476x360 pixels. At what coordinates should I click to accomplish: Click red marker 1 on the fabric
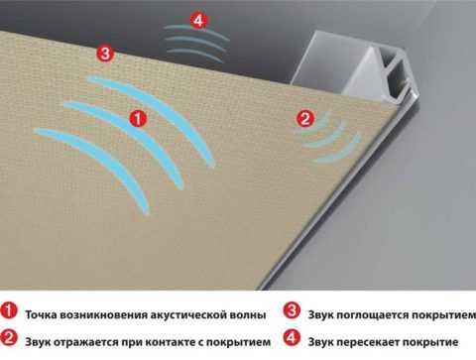(x=138, y=118)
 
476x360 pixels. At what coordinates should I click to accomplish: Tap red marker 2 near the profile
(x=305, y=118)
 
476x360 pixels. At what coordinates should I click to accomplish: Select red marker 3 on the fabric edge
(x=105, y=54)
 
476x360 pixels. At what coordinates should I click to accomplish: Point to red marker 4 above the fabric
(x=198, y=21)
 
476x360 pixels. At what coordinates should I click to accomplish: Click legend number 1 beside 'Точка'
(x=9, y=311)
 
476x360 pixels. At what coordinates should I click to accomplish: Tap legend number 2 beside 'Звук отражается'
(x=9, y=338)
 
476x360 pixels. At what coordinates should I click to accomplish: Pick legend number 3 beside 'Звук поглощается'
(x=292, y=311)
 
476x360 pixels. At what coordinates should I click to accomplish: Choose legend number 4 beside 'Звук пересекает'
(x=292, y=338)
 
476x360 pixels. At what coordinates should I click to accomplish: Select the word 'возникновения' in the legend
(x=105, y=314)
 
